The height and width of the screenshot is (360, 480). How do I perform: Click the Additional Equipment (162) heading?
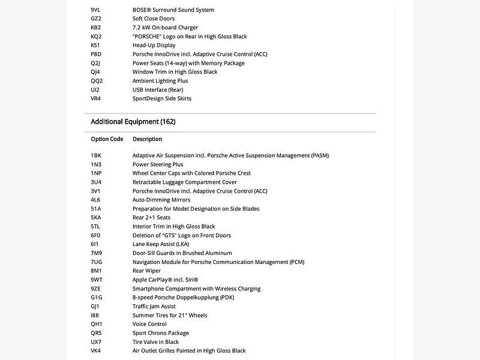(133, 122)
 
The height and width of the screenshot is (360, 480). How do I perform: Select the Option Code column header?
(107, 139)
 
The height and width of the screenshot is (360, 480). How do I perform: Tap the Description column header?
(147, 139)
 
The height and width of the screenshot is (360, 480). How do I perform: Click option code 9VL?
(96, 10)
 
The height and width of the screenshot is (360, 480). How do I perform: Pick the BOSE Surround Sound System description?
(173, 10)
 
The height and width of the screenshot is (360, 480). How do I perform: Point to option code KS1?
(95, 46)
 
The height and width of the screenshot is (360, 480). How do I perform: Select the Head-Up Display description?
(154, 46)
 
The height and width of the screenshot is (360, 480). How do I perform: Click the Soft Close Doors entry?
(154, 19)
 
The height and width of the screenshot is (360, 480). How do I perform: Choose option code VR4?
(96, 98)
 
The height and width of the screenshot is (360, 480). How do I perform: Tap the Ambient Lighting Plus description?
(160, 81)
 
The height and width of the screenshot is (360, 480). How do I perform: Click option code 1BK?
(96, 155)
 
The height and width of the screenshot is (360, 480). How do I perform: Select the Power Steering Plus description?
(158, 164)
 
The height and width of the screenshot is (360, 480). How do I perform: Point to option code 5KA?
(96, 218)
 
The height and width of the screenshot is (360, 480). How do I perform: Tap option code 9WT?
(97, 280)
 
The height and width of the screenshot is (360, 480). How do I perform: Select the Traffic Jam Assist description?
(155, 306)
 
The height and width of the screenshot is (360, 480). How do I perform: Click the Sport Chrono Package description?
(160, 333)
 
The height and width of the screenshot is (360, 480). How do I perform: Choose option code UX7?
(96, 342)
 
